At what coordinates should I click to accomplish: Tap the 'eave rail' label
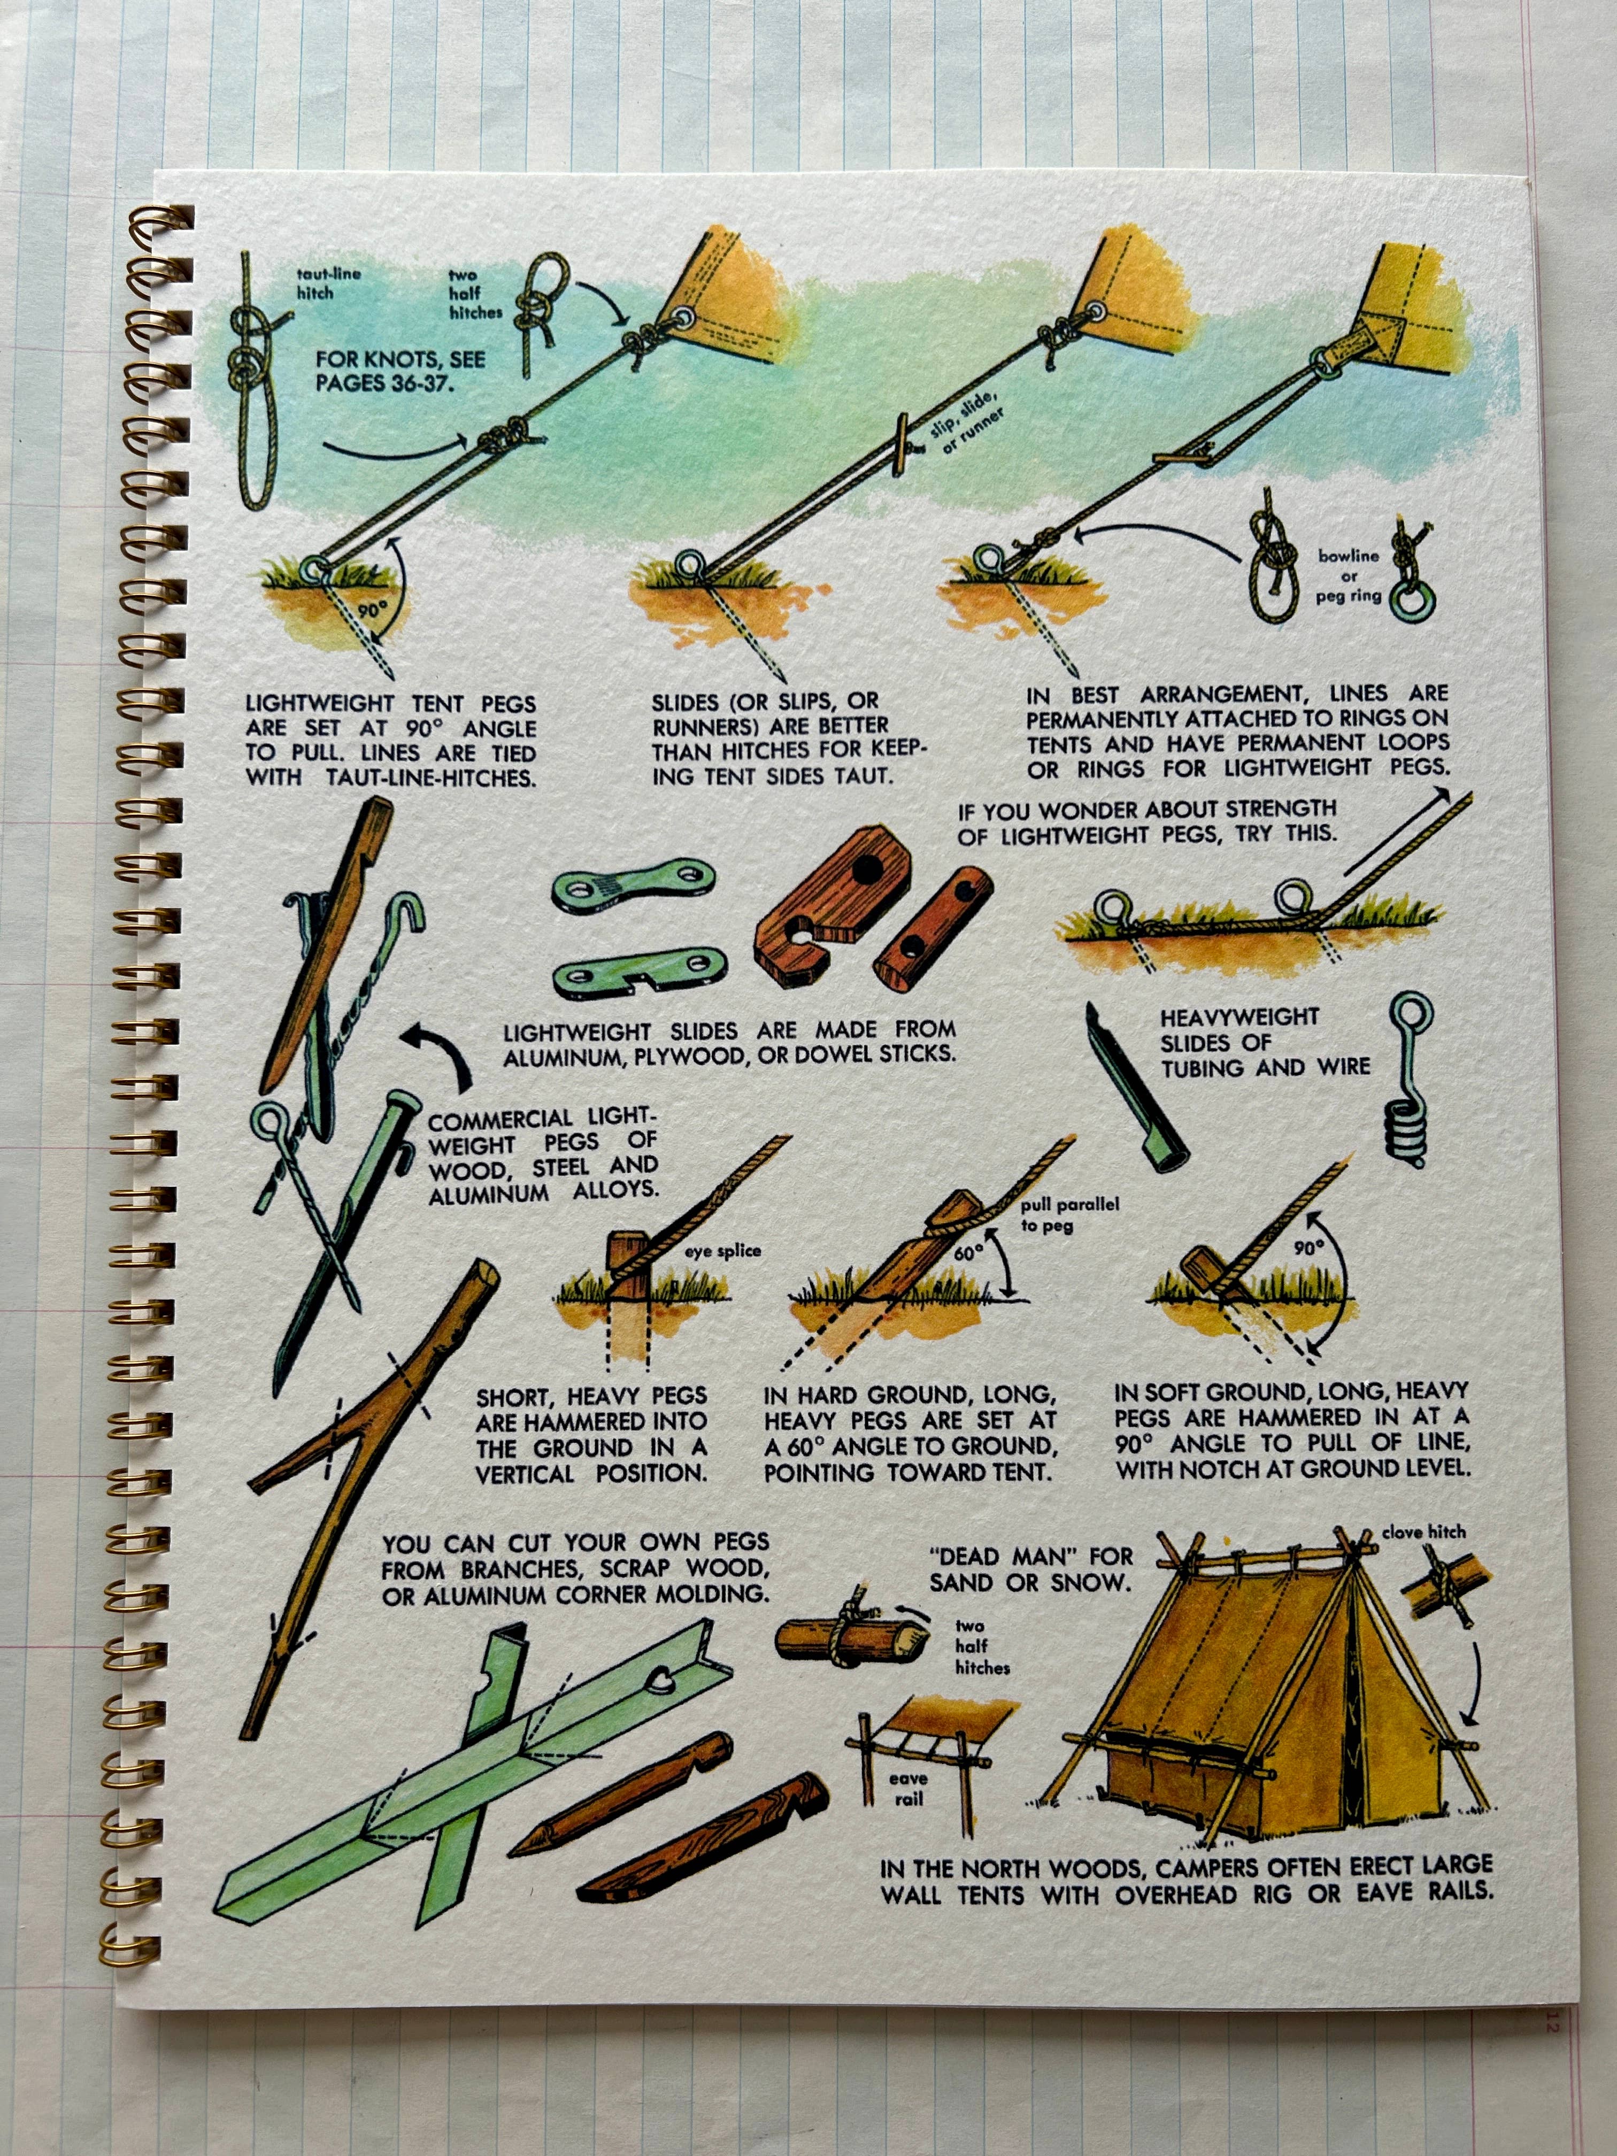(x=907, y=1789)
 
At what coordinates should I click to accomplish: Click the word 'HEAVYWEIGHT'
(x=1239, y=1017)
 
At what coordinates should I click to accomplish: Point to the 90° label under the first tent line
(x=371, y=611)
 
